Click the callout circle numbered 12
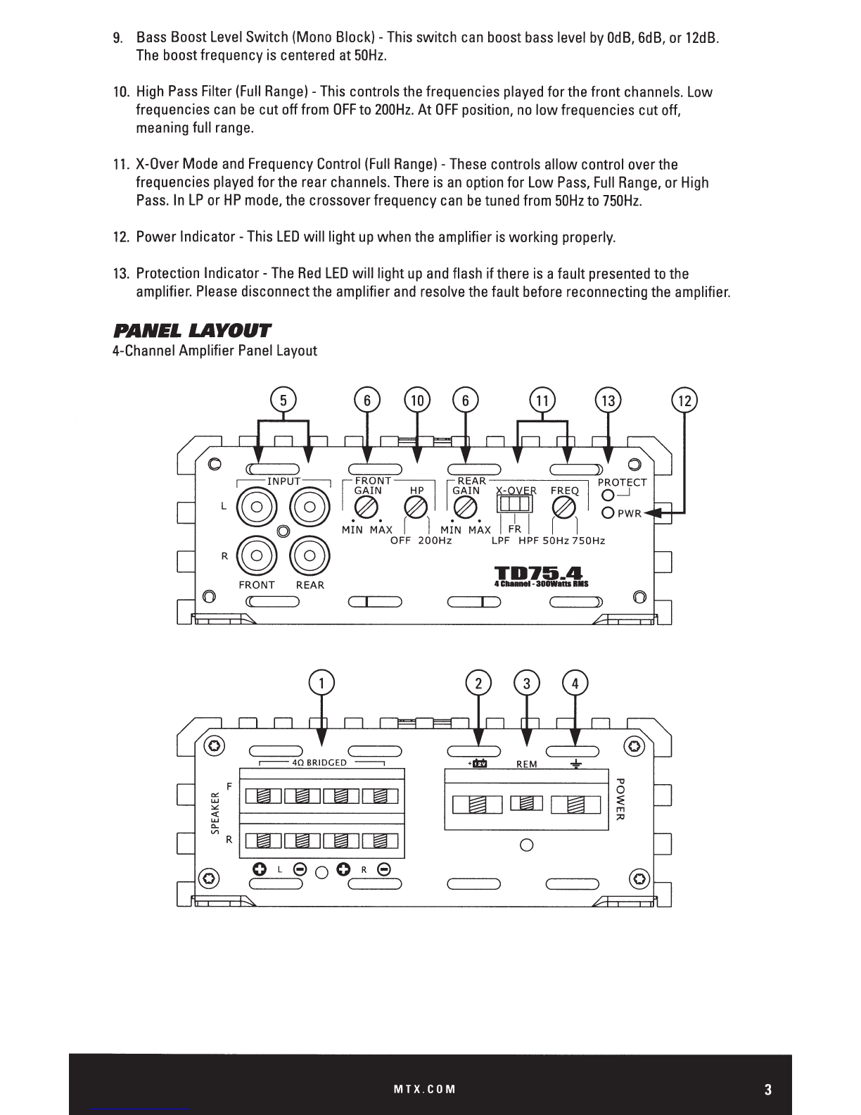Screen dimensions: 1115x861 (684, 401)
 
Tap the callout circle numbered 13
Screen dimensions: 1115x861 (608, 401)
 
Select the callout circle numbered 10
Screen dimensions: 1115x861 (417, 401)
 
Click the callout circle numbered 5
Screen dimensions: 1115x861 (283, 401)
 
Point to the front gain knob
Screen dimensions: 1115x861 (367, 507)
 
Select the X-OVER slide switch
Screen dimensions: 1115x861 (514, 503)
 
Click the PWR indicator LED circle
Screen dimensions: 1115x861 (608, 513)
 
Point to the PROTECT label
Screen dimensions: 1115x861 (622, 482)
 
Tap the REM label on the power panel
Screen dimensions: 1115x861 (527, 764)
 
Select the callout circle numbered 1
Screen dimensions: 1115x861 (321, 684)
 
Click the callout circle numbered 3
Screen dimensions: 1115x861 (526, 684)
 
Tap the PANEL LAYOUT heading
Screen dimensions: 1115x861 (191, 330)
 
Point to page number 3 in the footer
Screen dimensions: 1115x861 (768, 1090)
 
